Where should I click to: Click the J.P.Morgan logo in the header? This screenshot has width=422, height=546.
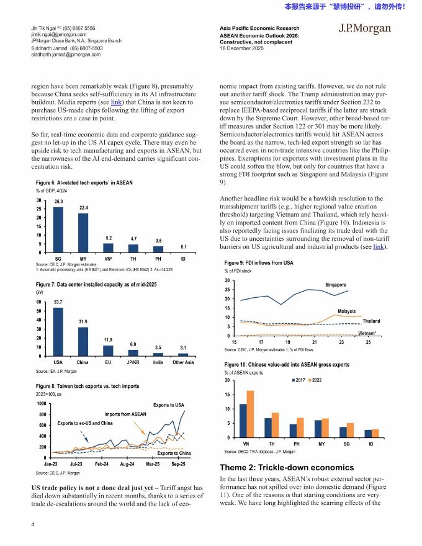tap(364, 29)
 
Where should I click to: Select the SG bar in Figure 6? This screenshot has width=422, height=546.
tap(58, 230)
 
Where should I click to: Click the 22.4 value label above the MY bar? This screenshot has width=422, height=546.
tap(83, 207)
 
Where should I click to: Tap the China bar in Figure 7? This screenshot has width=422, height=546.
tap(83, 341)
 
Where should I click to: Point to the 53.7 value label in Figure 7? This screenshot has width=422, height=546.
tap(58, 302)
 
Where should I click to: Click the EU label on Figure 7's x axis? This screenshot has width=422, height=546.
tap(108, 361)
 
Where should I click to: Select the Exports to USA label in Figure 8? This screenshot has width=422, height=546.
tap(168, 405)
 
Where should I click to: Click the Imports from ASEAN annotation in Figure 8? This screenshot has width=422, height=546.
tap(125, 414)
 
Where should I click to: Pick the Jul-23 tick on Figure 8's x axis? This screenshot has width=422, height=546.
tap(76, 463)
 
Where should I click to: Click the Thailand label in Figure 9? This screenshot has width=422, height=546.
tap(371, 321)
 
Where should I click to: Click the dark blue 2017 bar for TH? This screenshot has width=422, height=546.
tap(268, 427)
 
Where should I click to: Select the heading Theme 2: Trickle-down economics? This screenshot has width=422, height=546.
tap(287, 467)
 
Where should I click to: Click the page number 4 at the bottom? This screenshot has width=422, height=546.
tap(32, 524)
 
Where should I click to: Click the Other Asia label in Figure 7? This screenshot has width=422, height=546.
tap(183, 361)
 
